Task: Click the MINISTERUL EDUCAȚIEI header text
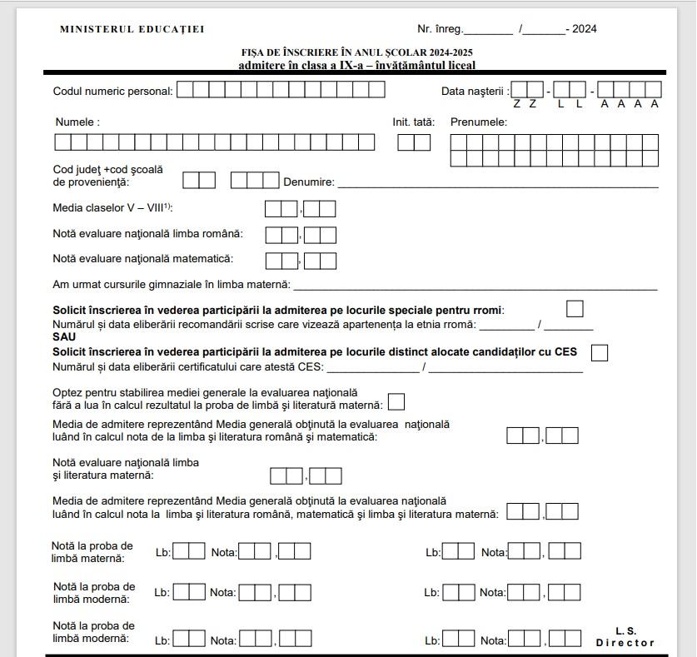[x=132, y=29]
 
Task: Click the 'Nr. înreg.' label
[x=440, y=29]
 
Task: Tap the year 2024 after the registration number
[x=584, y=29]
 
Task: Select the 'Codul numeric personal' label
[x=112, y=92]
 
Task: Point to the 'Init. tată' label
[x=413, y=122]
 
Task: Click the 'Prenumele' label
[x=478, y=122]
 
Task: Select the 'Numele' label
[x=77, y=122]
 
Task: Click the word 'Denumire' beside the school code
[x=308, y=182]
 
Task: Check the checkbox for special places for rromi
[x=575, y=309]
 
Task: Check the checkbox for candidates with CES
[x=599, y=352]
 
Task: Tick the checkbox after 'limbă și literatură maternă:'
[x=396, y=402]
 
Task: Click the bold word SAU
[x=64, y=337]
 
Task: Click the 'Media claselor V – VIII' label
[x=112, y=207]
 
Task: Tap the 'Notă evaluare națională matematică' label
[x=142, y=259]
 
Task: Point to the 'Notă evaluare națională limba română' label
[x=147, y=234]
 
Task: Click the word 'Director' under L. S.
[x=625, y=643]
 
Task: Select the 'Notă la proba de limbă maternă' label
[x=92, y=552]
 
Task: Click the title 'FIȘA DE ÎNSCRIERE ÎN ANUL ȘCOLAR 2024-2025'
[x=357, y=53]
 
